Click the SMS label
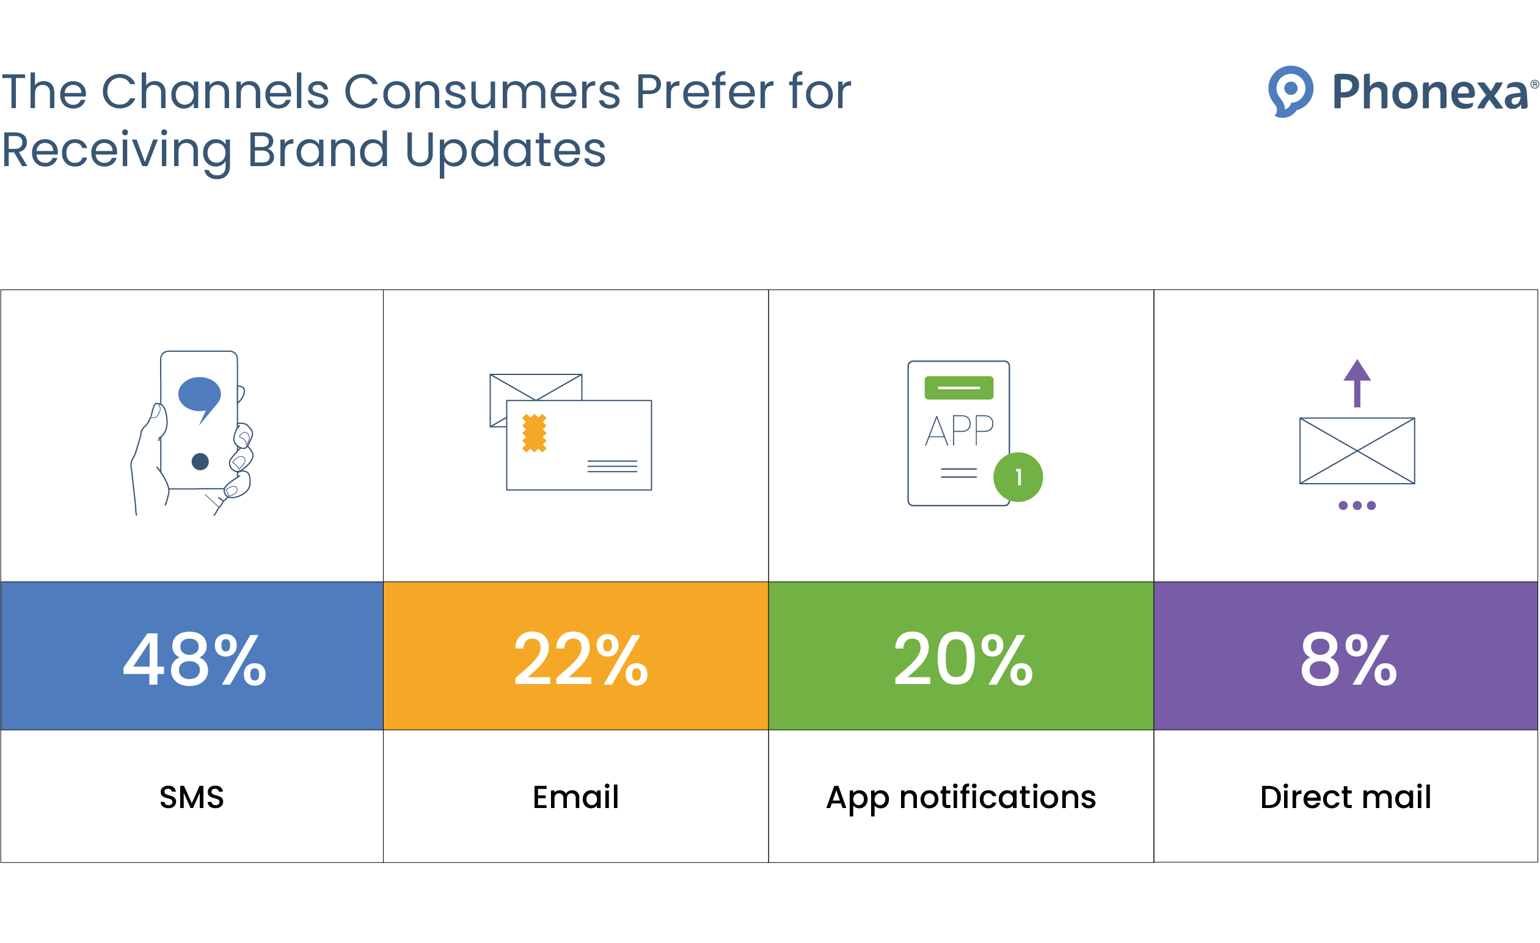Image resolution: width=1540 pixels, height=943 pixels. point(191,798)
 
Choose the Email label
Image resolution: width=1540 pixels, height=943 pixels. point(575,798)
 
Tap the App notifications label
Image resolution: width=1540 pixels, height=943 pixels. point(962,798)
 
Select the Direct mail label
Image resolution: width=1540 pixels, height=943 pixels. point(1346,798)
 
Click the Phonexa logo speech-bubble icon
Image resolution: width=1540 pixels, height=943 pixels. point(1290,91)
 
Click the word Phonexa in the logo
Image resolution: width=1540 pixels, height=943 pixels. point(1429,92)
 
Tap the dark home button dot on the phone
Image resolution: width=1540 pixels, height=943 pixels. point(200,462)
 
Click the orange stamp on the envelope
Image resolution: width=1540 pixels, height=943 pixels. point(535,433)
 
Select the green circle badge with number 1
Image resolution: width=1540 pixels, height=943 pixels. point(1018,478)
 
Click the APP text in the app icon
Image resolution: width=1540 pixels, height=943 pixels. point(960,431)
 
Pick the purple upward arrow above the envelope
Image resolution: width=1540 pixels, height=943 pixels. point(1357,382)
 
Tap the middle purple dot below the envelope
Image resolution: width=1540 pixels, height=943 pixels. point(1357,506)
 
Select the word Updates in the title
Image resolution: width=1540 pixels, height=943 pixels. point(505,151)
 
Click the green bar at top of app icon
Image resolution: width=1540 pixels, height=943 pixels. point(958,388)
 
